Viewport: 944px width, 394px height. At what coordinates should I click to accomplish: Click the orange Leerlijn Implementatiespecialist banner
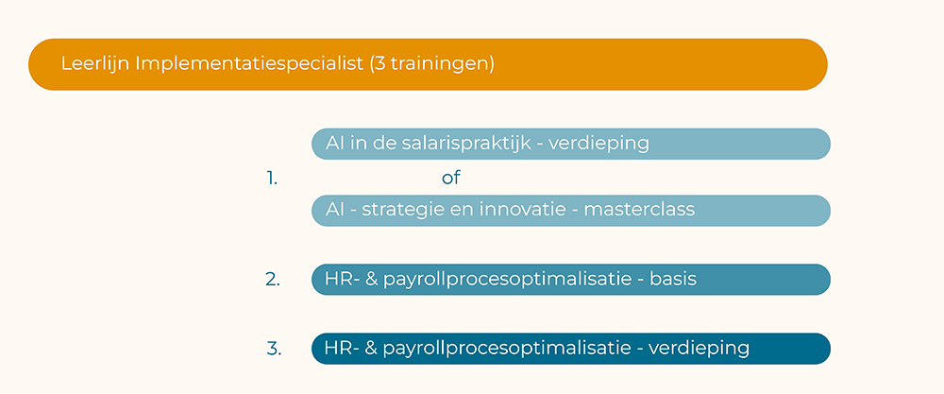click(x=428, y=64)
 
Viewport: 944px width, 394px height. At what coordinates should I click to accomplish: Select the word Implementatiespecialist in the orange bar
click(x=249, y=64)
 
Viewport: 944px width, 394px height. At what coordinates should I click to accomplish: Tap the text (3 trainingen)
click(x=431, y=64)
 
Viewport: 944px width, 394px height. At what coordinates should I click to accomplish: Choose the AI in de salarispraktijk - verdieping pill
click(x=571, y=144)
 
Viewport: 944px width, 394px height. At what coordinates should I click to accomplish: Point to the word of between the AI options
click(x=451, y=178)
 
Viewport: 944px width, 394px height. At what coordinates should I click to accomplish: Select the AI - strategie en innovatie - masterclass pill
click(x=571, y=211)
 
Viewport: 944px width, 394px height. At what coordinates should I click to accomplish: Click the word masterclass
click(x=639, y=210)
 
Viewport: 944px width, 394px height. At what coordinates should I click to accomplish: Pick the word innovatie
click(x=523, y=210)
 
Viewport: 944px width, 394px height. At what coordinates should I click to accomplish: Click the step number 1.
click(x=272, y=179)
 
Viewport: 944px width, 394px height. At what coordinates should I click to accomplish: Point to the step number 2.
click(x=273, y=280)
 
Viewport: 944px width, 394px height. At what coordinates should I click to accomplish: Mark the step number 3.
click(x=274, y=349)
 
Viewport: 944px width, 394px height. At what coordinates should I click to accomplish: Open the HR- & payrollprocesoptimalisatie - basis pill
click(x=571, y=280)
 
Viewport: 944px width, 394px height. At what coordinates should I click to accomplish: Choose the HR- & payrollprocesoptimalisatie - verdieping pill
click(x=571, y=349)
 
